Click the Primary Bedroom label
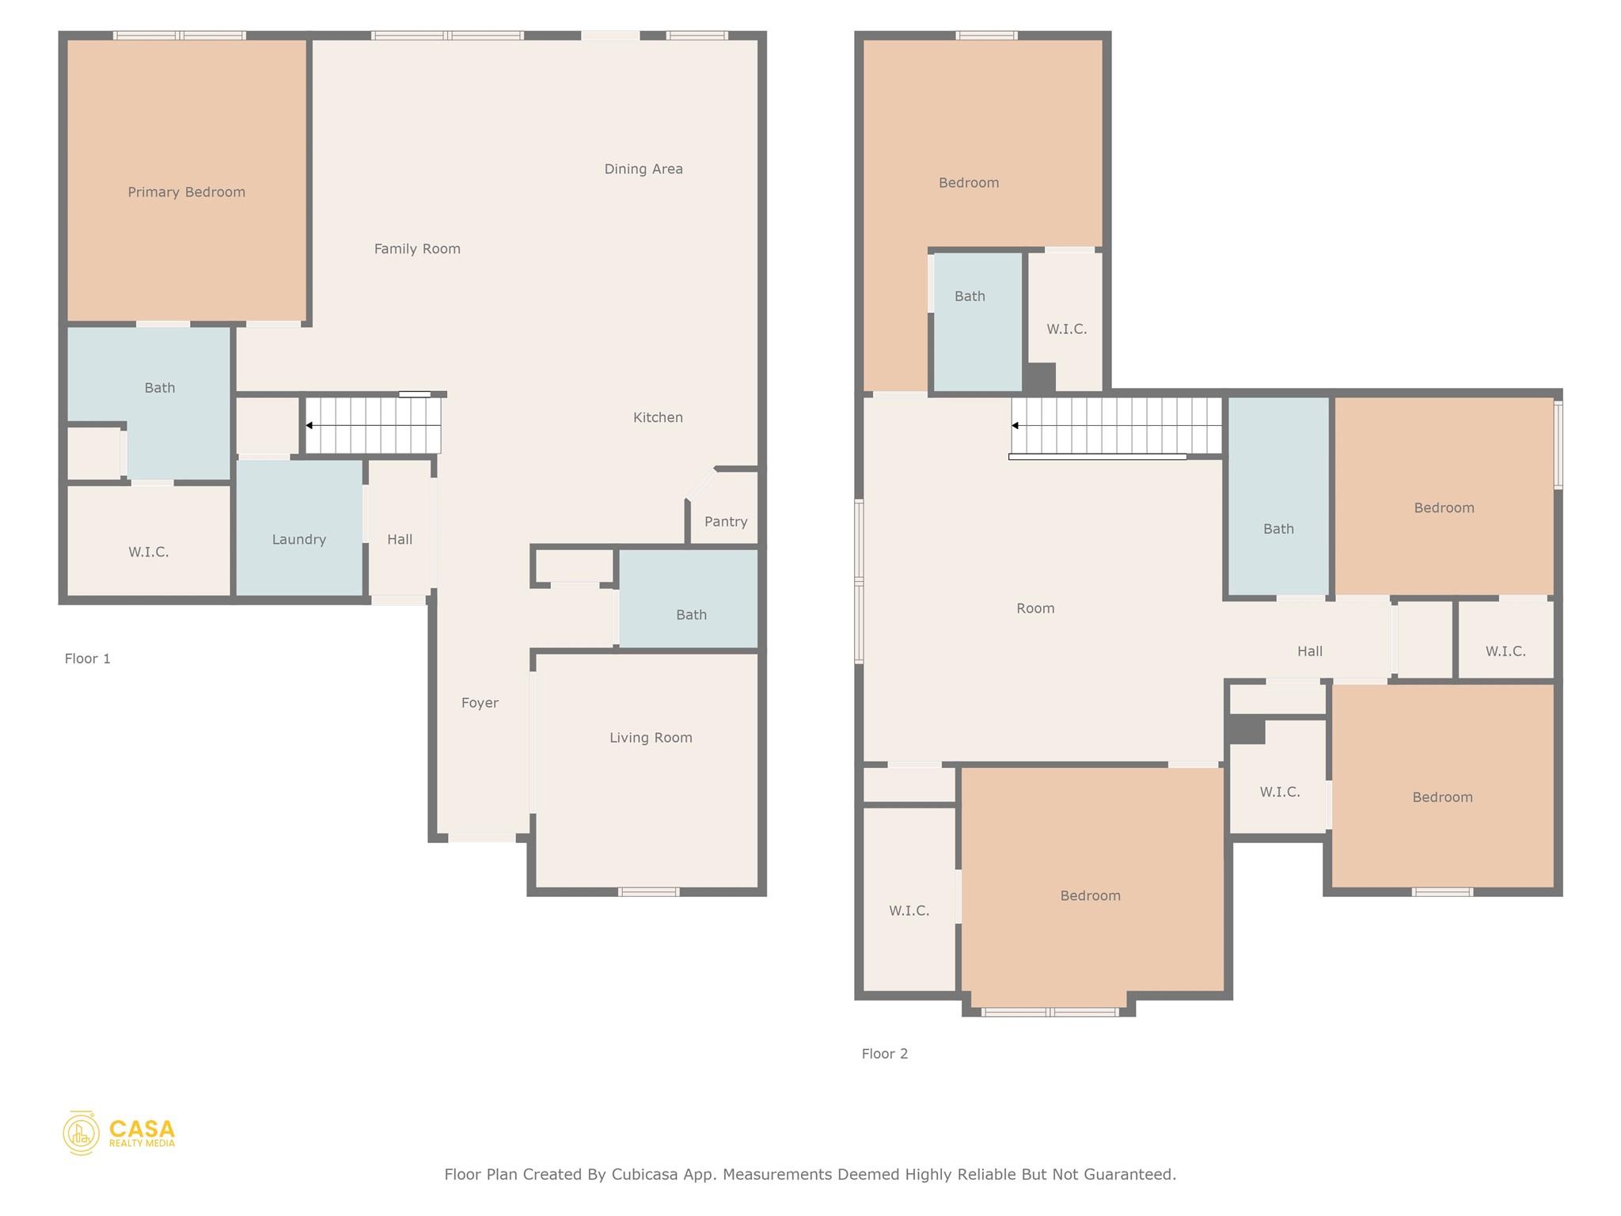[x=187, y=192]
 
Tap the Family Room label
[x=417, y=249]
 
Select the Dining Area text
[x=643, y=169]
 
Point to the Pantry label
[x=726, y=522]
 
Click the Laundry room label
[x=299, y=540]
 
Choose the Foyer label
[x=480, y=703]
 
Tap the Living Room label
[x=651, y=738]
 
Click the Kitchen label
[x=658, y=417]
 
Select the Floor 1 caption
[x=88, y=659]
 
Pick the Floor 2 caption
[x=885, y=1054]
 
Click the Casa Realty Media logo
[x=120, y=1133]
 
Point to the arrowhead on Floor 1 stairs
[x=309, y=426]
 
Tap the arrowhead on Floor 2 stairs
[x=1015, y=426]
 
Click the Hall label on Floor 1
[x=400, y=540]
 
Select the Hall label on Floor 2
[x=1310, y=652]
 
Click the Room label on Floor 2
[x=1035, y=609]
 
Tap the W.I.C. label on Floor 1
[x=149, y=552]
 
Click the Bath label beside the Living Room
[x=691, y=615]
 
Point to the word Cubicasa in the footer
[x=644, y=1175]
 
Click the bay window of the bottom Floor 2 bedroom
[x=1050, y=1012]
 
